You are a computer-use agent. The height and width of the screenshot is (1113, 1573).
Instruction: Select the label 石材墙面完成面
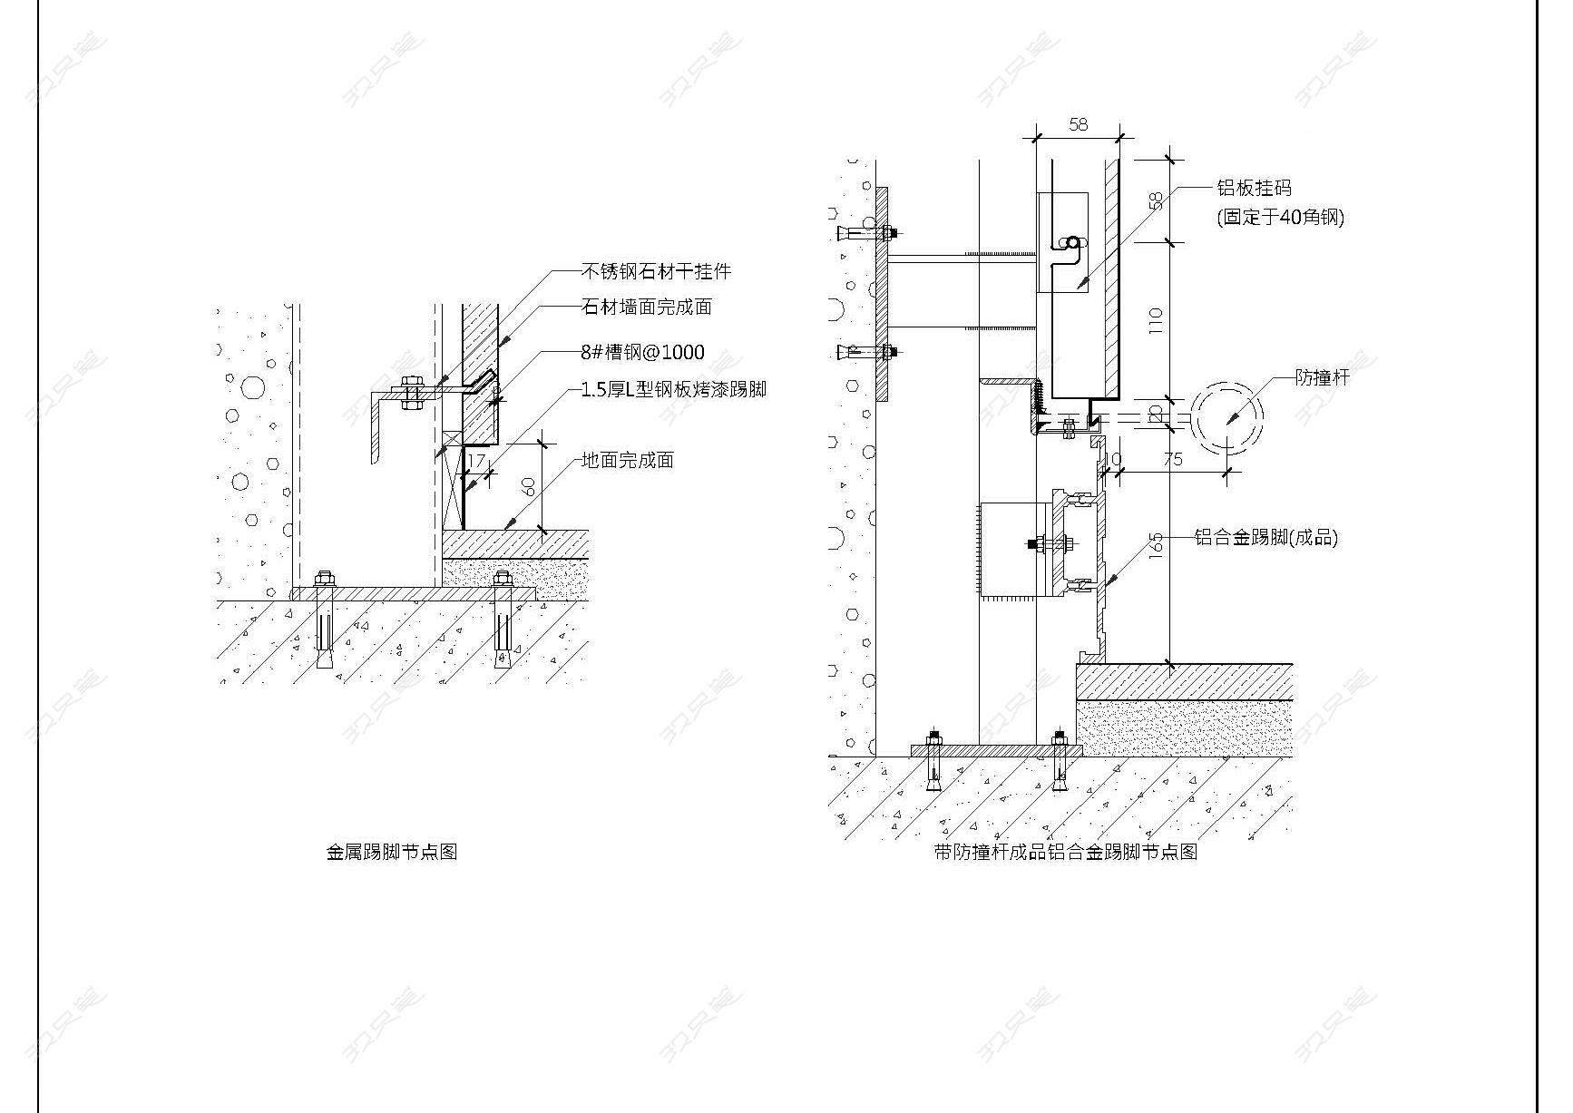pos(646,308)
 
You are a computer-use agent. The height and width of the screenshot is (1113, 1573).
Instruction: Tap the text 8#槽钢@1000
pos(642,352)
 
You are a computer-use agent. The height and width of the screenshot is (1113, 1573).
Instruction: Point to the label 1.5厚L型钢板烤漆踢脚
pos(673,389)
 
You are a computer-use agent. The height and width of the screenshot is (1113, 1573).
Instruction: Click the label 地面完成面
pos(627,461)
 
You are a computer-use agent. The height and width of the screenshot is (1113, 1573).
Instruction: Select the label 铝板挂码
pos(1254,189)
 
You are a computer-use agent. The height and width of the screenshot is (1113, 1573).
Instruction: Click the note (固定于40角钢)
pos(1280,217)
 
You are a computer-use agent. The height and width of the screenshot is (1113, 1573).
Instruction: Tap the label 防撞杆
pos(1322,377)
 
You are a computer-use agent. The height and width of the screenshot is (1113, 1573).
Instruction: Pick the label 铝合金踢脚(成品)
pos(1265,537)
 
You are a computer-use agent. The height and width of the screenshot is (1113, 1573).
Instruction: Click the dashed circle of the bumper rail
pos(1226,418)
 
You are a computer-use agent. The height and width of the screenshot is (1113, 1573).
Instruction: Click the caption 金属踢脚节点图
pos(391,852)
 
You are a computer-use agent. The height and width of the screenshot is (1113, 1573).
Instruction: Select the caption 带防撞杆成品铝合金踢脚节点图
pos(1066,852)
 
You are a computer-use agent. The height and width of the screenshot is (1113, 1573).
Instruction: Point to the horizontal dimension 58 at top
pos(1078,124)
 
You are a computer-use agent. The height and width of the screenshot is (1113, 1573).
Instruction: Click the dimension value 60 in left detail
pos(529,486)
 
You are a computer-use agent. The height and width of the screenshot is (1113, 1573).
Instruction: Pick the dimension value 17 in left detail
pos(475,461)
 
